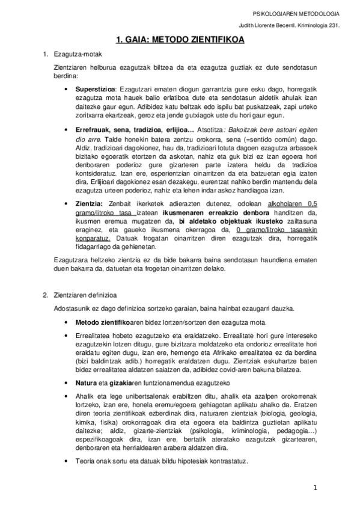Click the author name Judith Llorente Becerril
click(x=268, y=25)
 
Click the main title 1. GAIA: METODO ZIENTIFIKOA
click(x=180, y=41)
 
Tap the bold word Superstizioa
click(x=95, y=89)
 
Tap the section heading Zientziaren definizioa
click(x=85, y=295)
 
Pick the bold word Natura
click(x=86, y=382)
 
